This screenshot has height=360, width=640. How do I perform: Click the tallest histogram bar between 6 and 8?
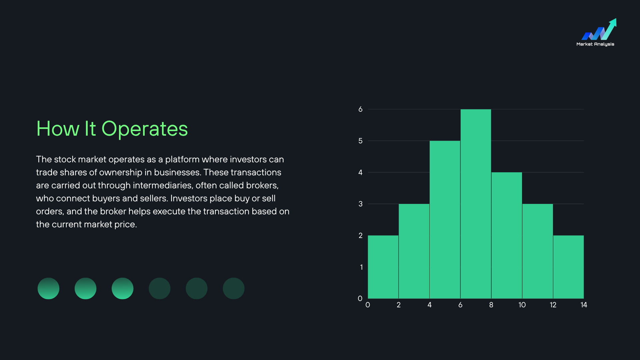tap(476, 204)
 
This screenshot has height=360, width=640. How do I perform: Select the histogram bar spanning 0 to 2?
tap(383, 267)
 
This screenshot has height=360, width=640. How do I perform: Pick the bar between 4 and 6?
tap(445, 220)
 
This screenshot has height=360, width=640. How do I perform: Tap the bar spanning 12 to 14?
tap(568, 267)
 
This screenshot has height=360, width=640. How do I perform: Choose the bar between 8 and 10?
tap(507, 235)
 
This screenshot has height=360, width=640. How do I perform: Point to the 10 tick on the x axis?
tap(522, 305)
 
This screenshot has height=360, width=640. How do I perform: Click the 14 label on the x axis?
tap(584, 305)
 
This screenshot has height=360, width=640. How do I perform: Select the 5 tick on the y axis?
tap(360, 141)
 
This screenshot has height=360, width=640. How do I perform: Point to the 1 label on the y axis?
tap(361, 267)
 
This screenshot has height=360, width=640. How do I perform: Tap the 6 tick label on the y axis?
tap(360, 109)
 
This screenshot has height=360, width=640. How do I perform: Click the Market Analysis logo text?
tap(595, 44)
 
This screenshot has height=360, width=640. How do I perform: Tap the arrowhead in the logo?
tap(613, 22)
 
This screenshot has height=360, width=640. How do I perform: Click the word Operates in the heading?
tap(145, 129)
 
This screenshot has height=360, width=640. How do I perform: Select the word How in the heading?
tap(58, 129)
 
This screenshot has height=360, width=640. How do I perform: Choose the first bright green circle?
tap(48, 288)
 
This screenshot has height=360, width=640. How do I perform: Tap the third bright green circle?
tap(122, 288)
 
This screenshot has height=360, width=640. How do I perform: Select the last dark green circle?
tap(233, 288)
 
